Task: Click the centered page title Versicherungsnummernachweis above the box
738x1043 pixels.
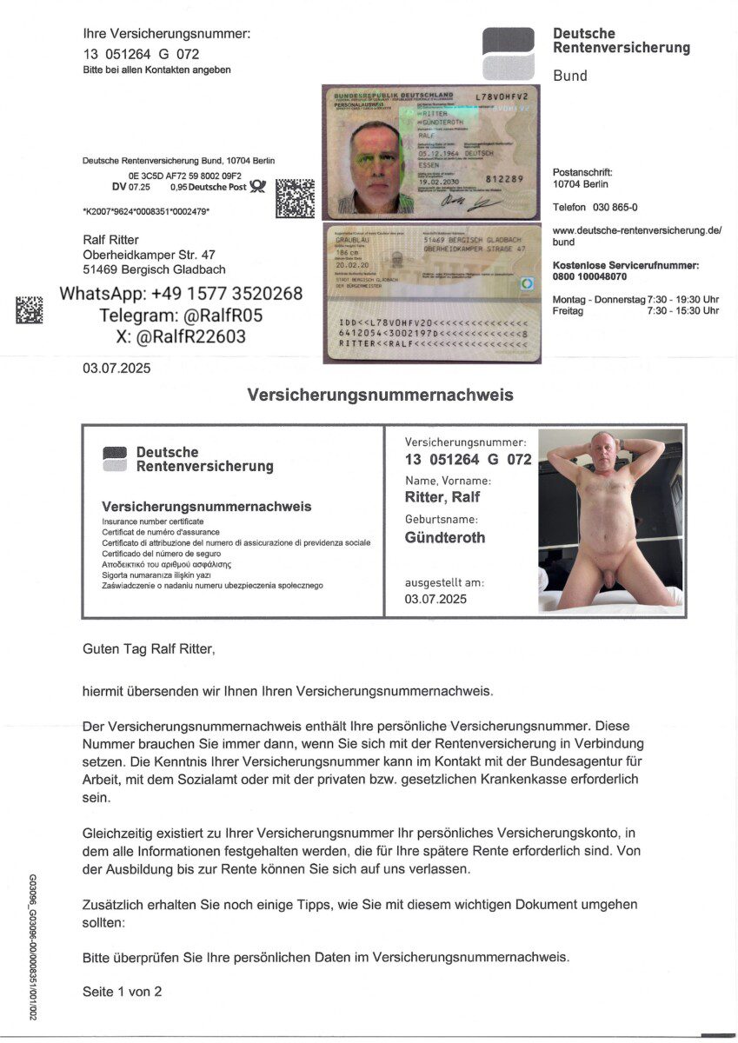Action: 380,395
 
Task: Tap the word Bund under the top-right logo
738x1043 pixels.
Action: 570,76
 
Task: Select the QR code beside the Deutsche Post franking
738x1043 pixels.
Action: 295,198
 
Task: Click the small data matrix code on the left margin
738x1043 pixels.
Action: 29,310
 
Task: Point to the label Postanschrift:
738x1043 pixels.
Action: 582,172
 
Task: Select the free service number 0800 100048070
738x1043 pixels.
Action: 589,276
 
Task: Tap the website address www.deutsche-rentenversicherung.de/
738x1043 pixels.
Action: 637,230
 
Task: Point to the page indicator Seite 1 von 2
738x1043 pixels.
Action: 123,991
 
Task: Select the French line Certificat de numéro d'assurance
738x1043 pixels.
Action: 161,531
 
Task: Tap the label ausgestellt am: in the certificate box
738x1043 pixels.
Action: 444,582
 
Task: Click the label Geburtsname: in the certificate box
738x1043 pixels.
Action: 441,519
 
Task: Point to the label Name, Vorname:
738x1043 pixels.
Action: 448,480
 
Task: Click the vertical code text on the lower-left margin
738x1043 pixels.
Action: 33,947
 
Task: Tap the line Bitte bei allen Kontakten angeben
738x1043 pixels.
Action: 157,70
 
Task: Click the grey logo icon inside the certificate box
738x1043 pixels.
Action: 114,458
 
